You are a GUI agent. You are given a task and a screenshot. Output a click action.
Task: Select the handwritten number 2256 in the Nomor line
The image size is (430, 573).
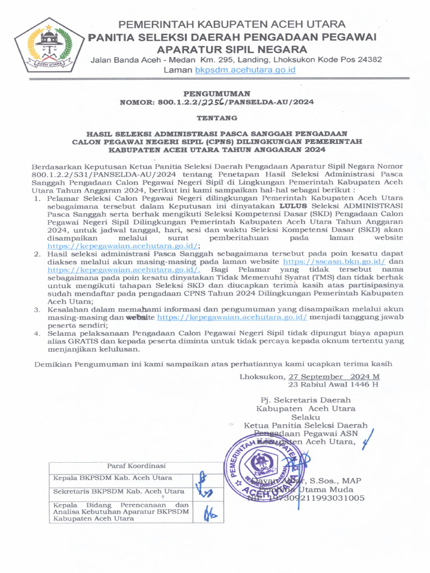tap(212, 102)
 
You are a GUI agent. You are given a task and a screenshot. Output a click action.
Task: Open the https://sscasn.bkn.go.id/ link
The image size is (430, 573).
tap(326, 261)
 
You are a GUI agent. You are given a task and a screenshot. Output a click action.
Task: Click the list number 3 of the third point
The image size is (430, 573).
tap(36, 308)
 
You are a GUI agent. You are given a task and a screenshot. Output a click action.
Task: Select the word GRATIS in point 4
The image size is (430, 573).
tap(65, 340)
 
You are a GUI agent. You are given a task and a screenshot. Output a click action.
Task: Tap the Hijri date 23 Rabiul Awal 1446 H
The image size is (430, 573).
tap(333, 384)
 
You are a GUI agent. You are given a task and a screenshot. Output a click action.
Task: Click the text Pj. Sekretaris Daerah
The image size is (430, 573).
tap(306, 400)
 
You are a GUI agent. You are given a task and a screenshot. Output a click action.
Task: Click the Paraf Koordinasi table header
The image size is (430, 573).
tap(137, 466)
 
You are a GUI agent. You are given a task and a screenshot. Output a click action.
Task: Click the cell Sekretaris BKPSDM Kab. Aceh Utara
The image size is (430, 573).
tap(118, 491)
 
